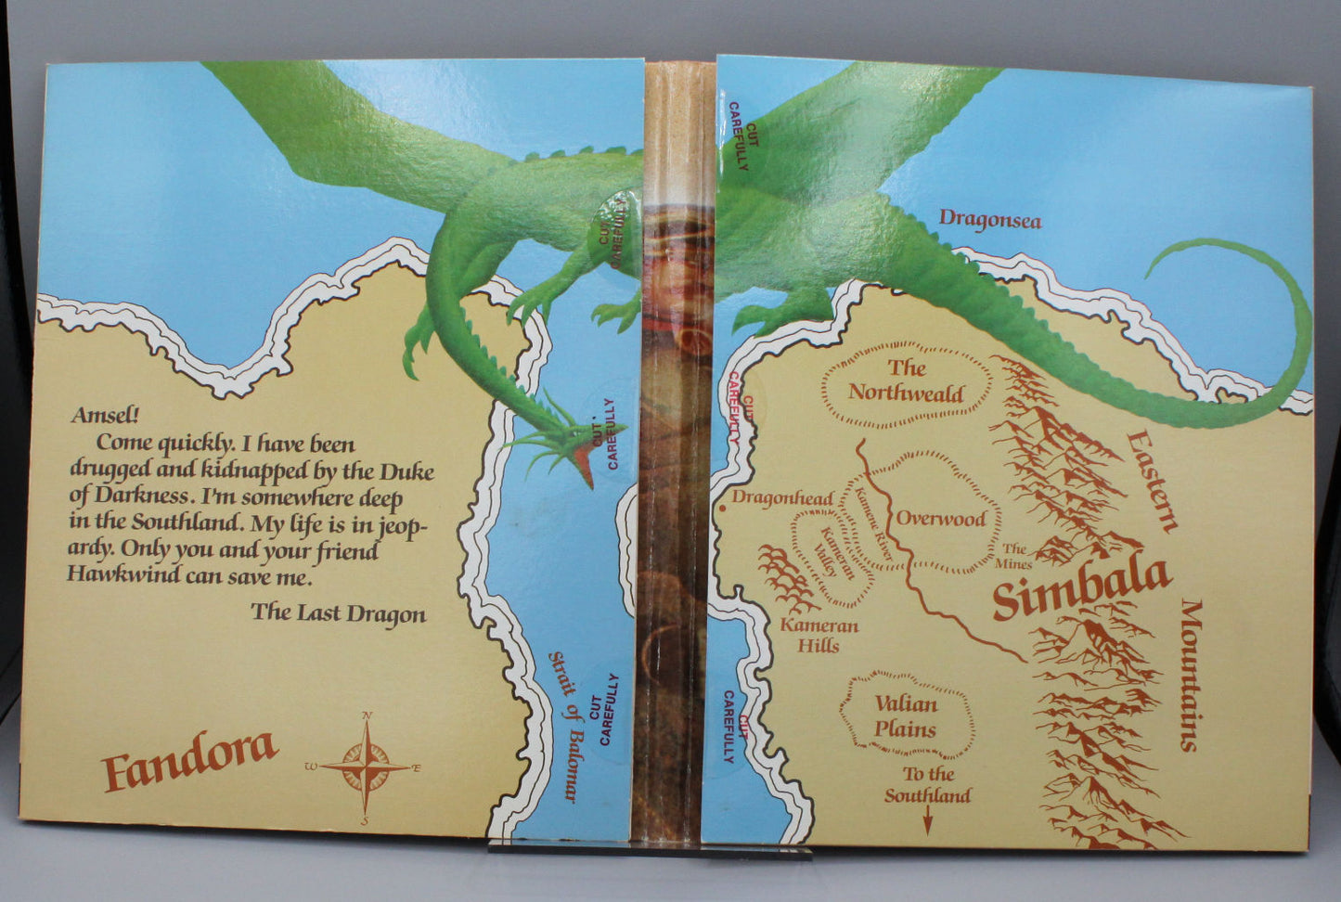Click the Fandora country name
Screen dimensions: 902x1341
click(190, 759)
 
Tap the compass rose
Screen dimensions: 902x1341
click(367, 767)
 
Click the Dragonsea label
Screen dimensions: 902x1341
click(989, 219)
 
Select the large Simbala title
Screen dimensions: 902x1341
click(1081, 588)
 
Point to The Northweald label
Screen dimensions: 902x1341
click(906, 380)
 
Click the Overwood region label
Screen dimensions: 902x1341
click(940, 518)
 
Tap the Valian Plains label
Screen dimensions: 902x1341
click(905, 716)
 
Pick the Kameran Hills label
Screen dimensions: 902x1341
click(819, 635)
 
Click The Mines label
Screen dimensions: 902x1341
click(1015, 556)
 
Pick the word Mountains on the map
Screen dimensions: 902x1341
click(1191, 675)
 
